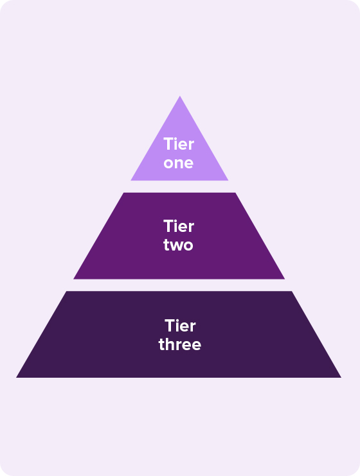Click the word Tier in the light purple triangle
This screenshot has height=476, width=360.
tap(179, 144)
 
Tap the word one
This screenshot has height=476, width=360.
tap(179, 163)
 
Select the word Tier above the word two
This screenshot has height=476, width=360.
tap(179, 227)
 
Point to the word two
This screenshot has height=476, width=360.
tap(178, 245)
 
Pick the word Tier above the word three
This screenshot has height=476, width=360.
tap(180, 326)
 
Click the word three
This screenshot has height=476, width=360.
tap(180, 344)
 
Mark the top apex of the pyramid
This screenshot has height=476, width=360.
tap(180, 96)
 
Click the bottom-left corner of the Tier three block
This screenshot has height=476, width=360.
tap(17, 377)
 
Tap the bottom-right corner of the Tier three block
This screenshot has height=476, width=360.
tap(341, 377)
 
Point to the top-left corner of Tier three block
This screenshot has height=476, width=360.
tap(66, 291)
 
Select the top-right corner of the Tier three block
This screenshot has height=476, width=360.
tap(292, 291)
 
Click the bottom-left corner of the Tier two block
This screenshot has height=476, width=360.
tap(73, 279)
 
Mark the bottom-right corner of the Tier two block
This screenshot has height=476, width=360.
tap(285, 279)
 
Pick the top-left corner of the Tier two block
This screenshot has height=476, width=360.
tap(123, 193)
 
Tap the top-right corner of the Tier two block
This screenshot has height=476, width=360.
tap(235, 193)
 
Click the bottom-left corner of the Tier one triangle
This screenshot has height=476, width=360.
tap(130, 181)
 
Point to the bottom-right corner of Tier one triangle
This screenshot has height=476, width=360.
tap(228, 181)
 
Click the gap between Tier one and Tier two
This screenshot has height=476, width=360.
tap(179, 186)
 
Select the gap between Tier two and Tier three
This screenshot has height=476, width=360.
tap(179, 285)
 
